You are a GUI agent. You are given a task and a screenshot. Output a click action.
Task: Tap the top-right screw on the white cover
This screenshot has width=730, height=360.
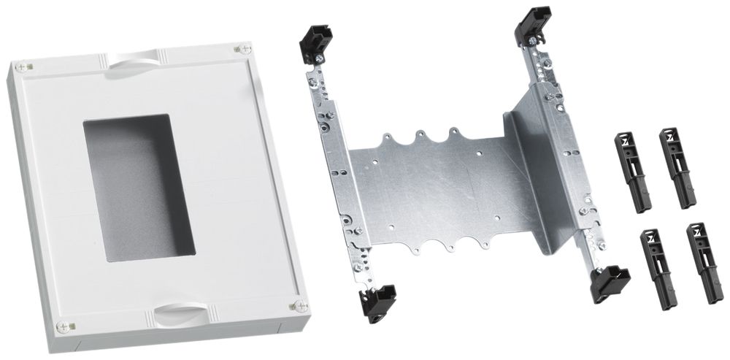point(239,49)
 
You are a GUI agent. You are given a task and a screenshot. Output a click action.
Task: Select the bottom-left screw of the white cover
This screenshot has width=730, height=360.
point(72,326)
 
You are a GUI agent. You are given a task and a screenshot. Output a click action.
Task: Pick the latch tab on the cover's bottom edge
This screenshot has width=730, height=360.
point(180,315)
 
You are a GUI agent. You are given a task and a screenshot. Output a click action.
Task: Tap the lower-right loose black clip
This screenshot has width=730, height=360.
point(703,261)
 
